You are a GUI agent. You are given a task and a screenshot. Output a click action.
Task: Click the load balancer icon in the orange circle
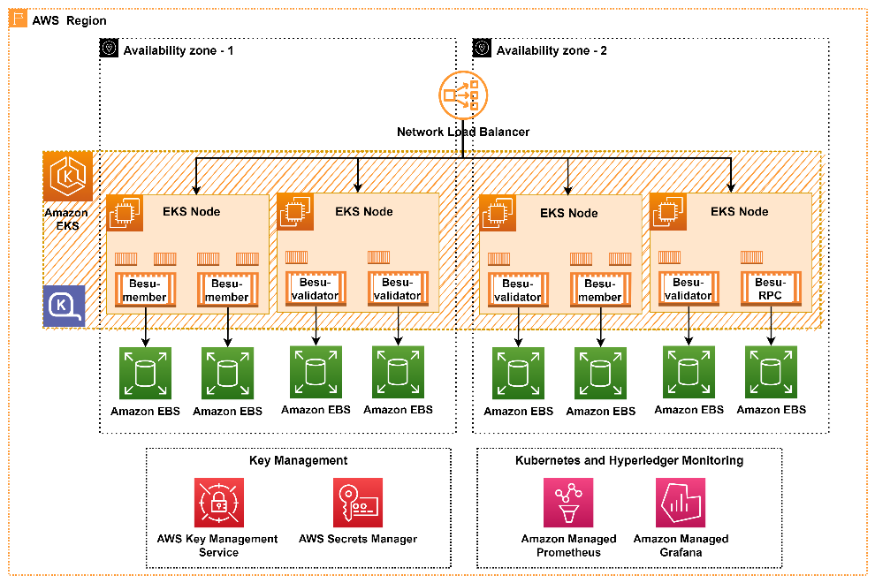(x=463, y=95)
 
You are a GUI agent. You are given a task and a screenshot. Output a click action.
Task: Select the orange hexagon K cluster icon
(x=68, y=177)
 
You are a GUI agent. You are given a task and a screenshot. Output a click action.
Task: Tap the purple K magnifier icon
(x=65, y=307)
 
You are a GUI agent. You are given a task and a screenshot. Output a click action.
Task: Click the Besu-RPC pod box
(x=770, y=289)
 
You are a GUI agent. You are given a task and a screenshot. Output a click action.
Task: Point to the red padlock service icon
(x=219, y=503)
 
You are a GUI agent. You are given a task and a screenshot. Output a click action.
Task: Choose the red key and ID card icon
(x=358, y=503)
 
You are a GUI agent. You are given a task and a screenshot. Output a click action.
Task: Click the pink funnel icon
(x=568, y=503)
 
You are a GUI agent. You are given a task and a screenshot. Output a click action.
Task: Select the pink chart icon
(x=681, y=503)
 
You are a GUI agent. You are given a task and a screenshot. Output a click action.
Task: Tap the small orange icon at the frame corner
(x=19, y=19)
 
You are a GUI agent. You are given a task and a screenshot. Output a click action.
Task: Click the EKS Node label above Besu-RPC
(x=739, y=211)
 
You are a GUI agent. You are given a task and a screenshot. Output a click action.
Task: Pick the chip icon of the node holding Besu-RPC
(x=667, y=212)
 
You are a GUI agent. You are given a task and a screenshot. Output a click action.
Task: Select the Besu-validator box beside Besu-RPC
(x=688, y=289)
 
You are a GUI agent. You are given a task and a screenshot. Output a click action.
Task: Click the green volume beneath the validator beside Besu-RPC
(x=689, y=372)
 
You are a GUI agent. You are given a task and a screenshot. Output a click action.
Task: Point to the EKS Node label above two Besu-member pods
(x=191, y=211)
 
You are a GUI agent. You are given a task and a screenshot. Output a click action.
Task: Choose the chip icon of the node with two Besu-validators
(x=295, y=211)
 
